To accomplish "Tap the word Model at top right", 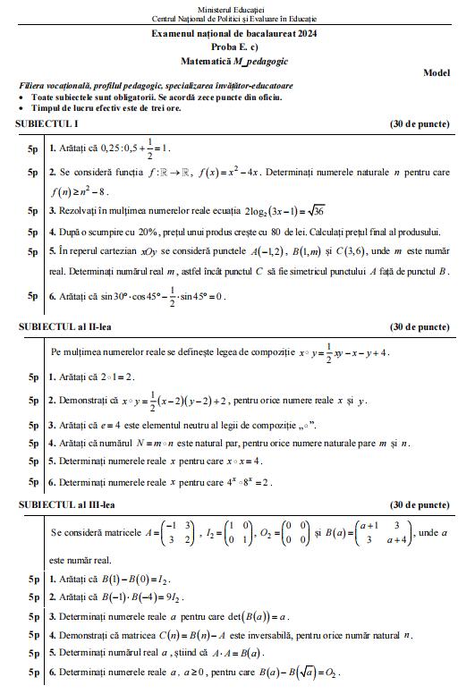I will point(436,72).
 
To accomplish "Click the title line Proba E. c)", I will point(236,47).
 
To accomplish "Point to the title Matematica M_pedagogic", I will point(236,60).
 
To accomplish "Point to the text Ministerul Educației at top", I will point(236,7).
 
